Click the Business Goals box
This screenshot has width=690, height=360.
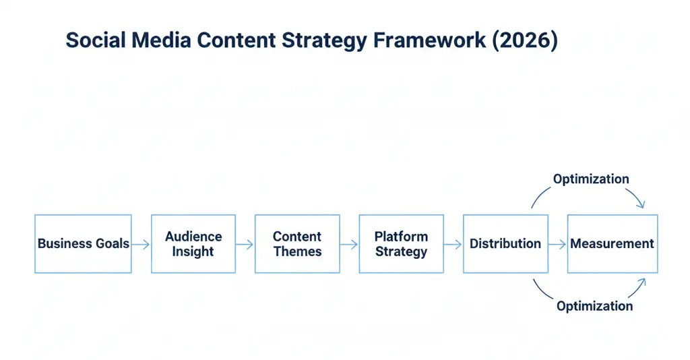(x=83, y=243)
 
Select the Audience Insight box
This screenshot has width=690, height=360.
(x=193, y=243)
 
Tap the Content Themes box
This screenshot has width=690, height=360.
(x=297, y=243)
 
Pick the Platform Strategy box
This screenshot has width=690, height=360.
(x=401, y=243)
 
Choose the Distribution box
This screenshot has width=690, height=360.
(x=505, y=243)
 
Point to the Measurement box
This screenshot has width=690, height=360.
(x=612, y=243)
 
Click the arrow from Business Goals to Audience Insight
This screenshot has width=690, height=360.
(x=141, y=244)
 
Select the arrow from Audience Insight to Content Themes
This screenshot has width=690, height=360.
(x=245, y=244)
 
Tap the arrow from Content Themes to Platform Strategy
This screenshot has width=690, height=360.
(x=349, y=244)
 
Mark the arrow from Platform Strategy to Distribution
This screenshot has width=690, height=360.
(x=453, y=244)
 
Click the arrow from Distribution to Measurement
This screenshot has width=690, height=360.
(x=557, y=244)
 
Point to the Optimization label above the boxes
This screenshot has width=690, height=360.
(x=591, y=179)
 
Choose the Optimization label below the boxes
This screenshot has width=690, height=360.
(x=594, y=306)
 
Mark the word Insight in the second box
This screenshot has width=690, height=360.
(x=193, y=251)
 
